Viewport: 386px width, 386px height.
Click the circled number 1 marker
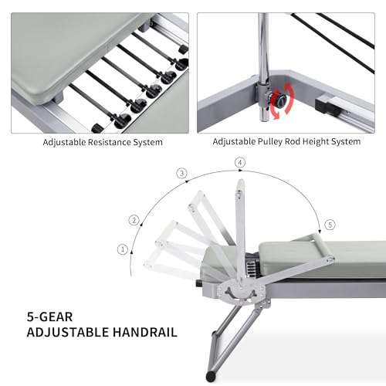pyautogui.click(x=121, y=249)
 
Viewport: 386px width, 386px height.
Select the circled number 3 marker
pyautogui.click(x=182, y=174)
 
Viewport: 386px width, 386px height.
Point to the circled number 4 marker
pyautogui.click(x=240, y=163)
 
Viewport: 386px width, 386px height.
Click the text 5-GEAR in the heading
pyautogui.click(x=45, y=316)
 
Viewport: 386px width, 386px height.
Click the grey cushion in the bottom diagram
pyautogui.click(x=320, y=256)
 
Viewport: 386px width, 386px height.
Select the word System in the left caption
pyautogui.click(x=147, y=142)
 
